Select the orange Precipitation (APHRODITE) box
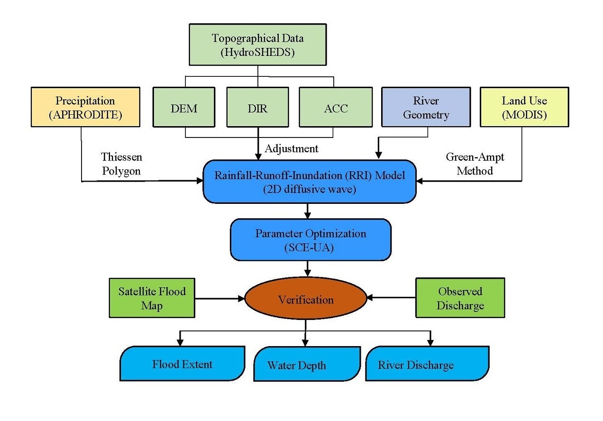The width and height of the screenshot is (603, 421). pyautogui.click(x=85, y=107)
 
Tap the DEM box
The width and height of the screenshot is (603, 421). pyautogui.click(x=184, y=108)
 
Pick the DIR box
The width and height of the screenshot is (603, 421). pyautogui.click(x=258, y=108)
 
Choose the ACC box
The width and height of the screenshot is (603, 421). pyautogui.click(x=336, y=108)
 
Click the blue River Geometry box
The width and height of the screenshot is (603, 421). pyautogui.click(x=426, y=107)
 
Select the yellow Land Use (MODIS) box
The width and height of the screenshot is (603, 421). pyautogui.click(x=524, y=107)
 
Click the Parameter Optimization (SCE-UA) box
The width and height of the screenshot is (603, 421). pyautogui.click(x=311, y=239)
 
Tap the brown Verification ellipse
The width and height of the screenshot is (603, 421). pyautogui.click(x=306, y=299)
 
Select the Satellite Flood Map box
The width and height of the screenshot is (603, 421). pyautogui.click(x=152, y=298)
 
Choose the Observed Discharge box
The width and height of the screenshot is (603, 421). pyautogui.click(x=460, y=298)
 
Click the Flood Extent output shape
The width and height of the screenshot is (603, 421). pyautogui.click(x=183, y=364)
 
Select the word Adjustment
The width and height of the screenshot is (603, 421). pyautogui.click(x=291, y=148)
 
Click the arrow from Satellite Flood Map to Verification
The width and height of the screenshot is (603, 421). pyautogui.click(x=219, y=298)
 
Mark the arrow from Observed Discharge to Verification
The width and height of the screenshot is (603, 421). pyautogui.click(x=391, y=298)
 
